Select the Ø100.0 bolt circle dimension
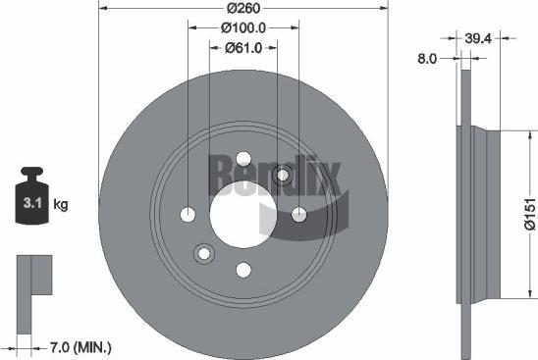(244, 28)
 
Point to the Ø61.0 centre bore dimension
(243, 47)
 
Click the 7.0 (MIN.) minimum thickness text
(81, 346)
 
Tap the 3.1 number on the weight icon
(29, 205)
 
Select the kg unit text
(60, 205)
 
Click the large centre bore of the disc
(244, 214)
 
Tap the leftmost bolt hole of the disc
(188, 214)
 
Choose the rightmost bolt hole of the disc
(299, 214)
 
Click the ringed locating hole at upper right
(283, 175)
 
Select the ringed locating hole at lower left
(204, 253)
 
